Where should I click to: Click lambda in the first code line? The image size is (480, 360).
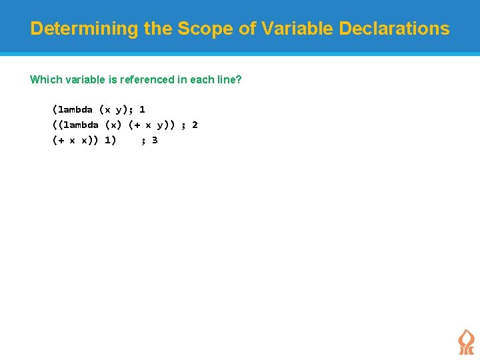coord(75,109)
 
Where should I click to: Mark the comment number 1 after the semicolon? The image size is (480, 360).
coord(143,109)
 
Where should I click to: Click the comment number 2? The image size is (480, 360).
coord(195,125)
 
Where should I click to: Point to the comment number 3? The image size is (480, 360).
coord(155,140)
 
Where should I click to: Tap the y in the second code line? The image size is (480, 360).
coord(160,125)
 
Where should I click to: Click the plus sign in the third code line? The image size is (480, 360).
coord(61,140)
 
